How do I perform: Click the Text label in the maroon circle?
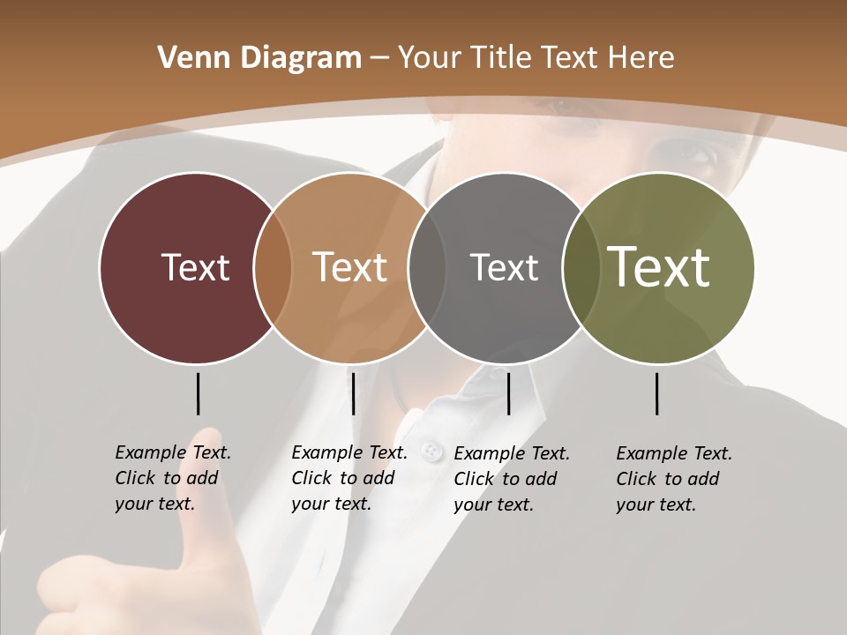[195, 267]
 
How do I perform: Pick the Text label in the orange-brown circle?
[349, 267]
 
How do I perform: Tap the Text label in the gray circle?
[504, 267]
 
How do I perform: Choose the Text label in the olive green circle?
[659, 267]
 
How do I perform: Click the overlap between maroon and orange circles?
[272, 267]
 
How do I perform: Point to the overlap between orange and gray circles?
[426, 267]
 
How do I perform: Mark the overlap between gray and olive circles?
[581, 267]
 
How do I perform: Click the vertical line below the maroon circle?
[198, 393]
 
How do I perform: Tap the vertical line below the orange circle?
[353, 393]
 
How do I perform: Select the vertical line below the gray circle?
[508, 393]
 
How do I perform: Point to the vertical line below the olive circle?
[656, 393]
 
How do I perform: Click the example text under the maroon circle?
[173, 478]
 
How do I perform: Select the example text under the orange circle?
[349, 478]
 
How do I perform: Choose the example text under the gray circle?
[512, 479]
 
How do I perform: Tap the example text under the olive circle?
[674, 479]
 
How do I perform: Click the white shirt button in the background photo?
[431, 452]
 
